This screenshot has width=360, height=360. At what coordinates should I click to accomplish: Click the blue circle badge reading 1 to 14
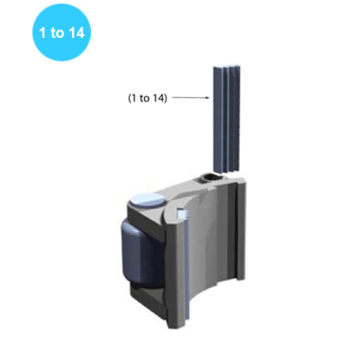point(61,33)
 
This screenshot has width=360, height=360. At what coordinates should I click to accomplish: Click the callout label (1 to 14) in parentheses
point(147,98)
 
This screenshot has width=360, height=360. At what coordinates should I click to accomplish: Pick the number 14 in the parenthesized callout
point(158,98)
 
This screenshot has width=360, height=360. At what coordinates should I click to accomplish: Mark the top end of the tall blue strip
point(226,66)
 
